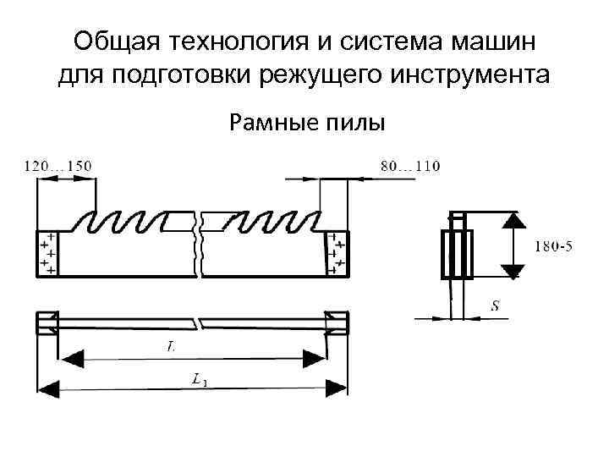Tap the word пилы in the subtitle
355,124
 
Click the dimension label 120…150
58,166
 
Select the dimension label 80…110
410,166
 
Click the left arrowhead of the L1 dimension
49,388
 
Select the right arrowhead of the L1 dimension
336,388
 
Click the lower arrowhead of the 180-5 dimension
510,271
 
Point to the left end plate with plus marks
46,252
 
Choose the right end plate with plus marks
337,252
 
